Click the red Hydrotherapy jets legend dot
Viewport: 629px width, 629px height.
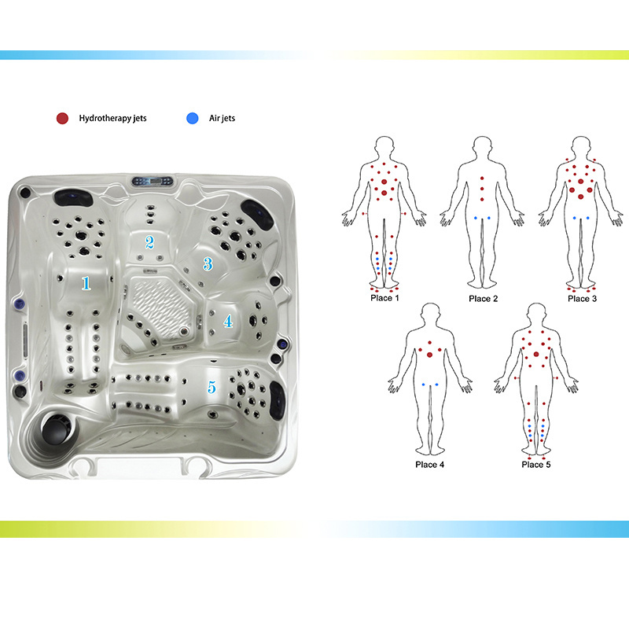coord(62,119)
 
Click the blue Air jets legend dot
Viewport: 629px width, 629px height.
coord(193,119)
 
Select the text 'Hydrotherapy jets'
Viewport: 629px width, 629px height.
coord(112,119)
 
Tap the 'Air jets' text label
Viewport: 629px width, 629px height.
coord(222,119)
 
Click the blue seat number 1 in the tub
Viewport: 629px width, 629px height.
coord(86,283)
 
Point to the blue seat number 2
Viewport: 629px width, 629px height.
coord(149,242)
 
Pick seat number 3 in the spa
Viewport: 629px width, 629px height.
coord(208,264)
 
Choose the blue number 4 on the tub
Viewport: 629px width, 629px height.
coord(228,321)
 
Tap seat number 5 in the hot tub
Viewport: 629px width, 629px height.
coord(212,387)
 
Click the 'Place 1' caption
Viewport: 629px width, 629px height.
coord(384,298)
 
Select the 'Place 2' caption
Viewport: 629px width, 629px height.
coord(484,299)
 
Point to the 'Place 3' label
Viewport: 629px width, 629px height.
coord(582,299)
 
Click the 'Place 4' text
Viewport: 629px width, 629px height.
coord(429,465)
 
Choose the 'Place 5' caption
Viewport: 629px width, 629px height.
coord(536,465)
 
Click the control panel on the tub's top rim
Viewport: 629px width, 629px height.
coord(153,181)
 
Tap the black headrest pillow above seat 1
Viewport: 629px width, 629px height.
coord(73,197)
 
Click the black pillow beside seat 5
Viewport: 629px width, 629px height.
coord(278,400)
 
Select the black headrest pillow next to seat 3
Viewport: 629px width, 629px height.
coord(257,214)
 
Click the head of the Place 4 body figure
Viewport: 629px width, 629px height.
coord(430,313)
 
